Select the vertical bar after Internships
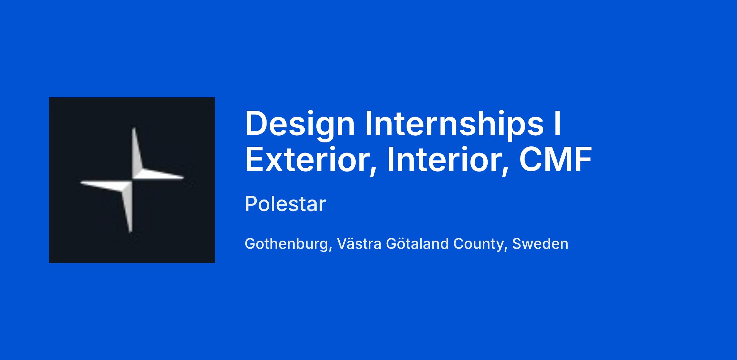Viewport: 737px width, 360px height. point(558,123)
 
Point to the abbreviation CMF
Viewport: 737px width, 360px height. point(555,160)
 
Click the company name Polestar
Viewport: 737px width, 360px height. point(285,204)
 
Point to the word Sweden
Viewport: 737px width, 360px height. point(540,244)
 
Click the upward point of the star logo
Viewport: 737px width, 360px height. point(134,128)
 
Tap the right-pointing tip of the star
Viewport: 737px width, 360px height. point(183,177)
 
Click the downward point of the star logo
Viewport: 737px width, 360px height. point(131,231)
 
